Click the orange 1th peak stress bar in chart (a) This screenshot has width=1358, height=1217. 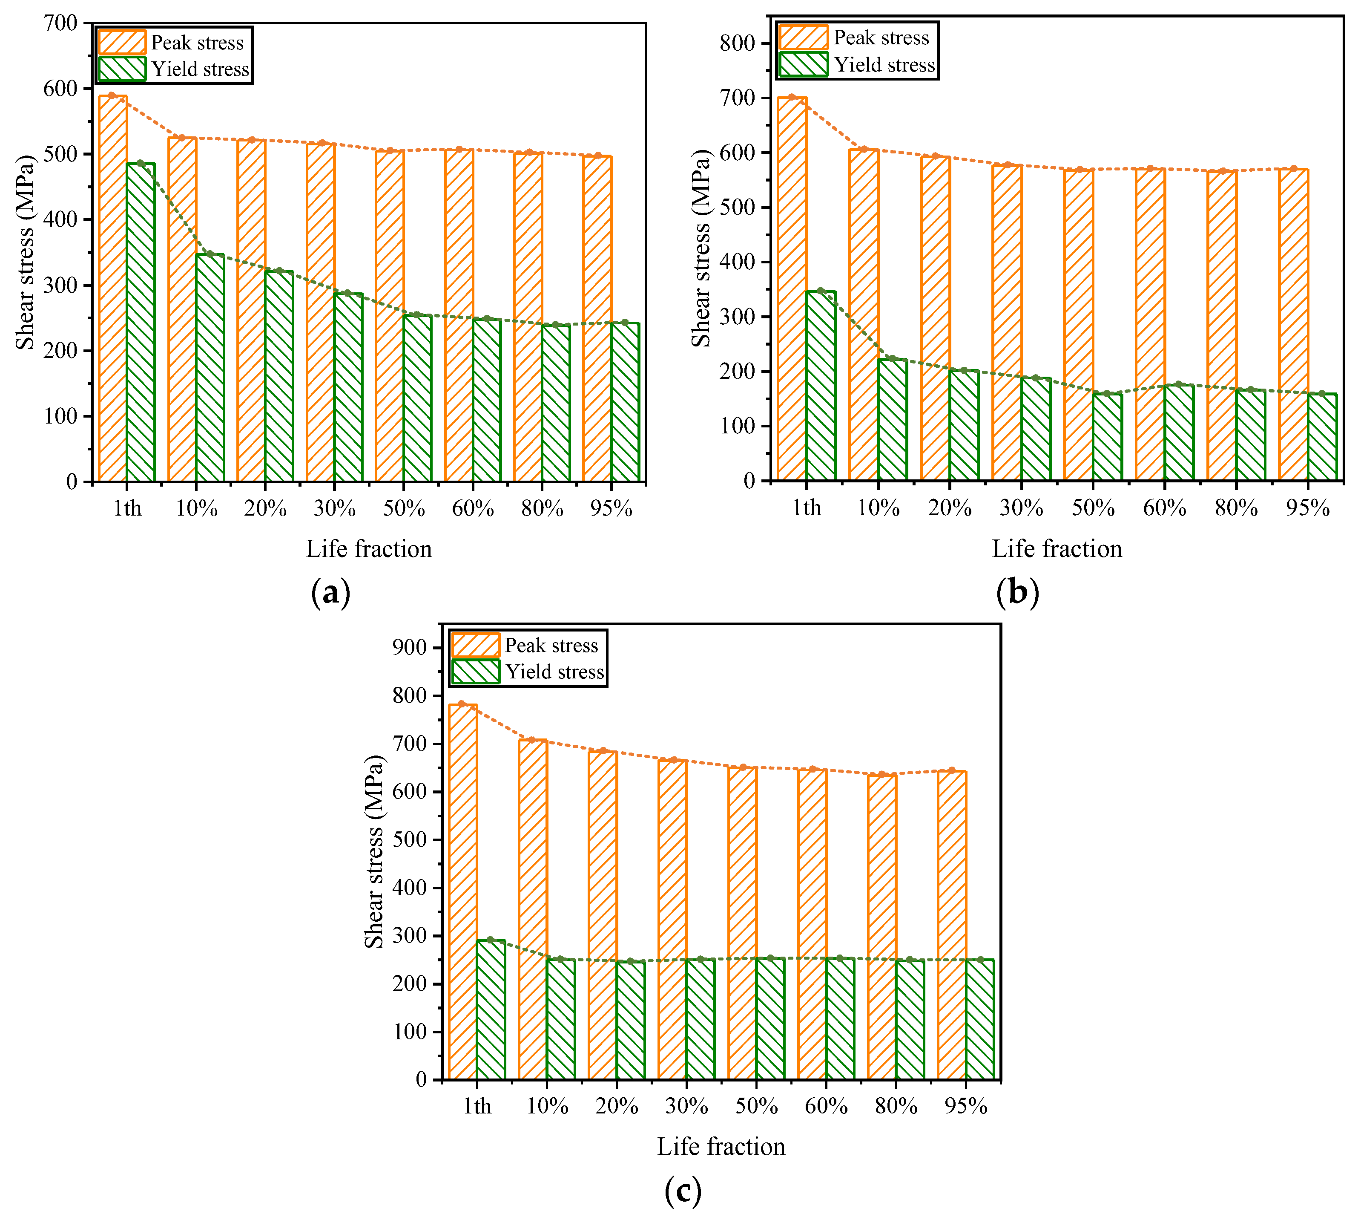[x=112, y=288]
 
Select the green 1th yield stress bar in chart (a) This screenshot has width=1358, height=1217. [x=141, y=322]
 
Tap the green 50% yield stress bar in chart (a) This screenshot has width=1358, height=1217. [x=417, y=398]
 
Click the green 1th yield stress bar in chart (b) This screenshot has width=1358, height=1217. [x=821, y=386]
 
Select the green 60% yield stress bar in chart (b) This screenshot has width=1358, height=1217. [x=1179, y=433]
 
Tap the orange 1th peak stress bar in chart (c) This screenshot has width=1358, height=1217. [x=462, y=891]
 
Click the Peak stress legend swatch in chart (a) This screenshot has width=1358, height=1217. [x=122, y=42]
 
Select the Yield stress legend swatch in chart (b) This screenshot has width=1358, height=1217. [x=803, y=64]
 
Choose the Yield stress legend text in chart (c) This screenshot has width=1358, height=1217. [x=554, y=672]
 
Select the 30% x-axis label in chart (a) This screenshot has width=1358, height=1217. [x=334, y=509]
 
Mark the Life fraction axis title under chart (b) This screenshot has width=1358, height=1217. [x=1057, y=548]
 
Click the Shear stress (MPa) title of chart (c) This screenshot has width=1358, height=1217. [x=374, y=851]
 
